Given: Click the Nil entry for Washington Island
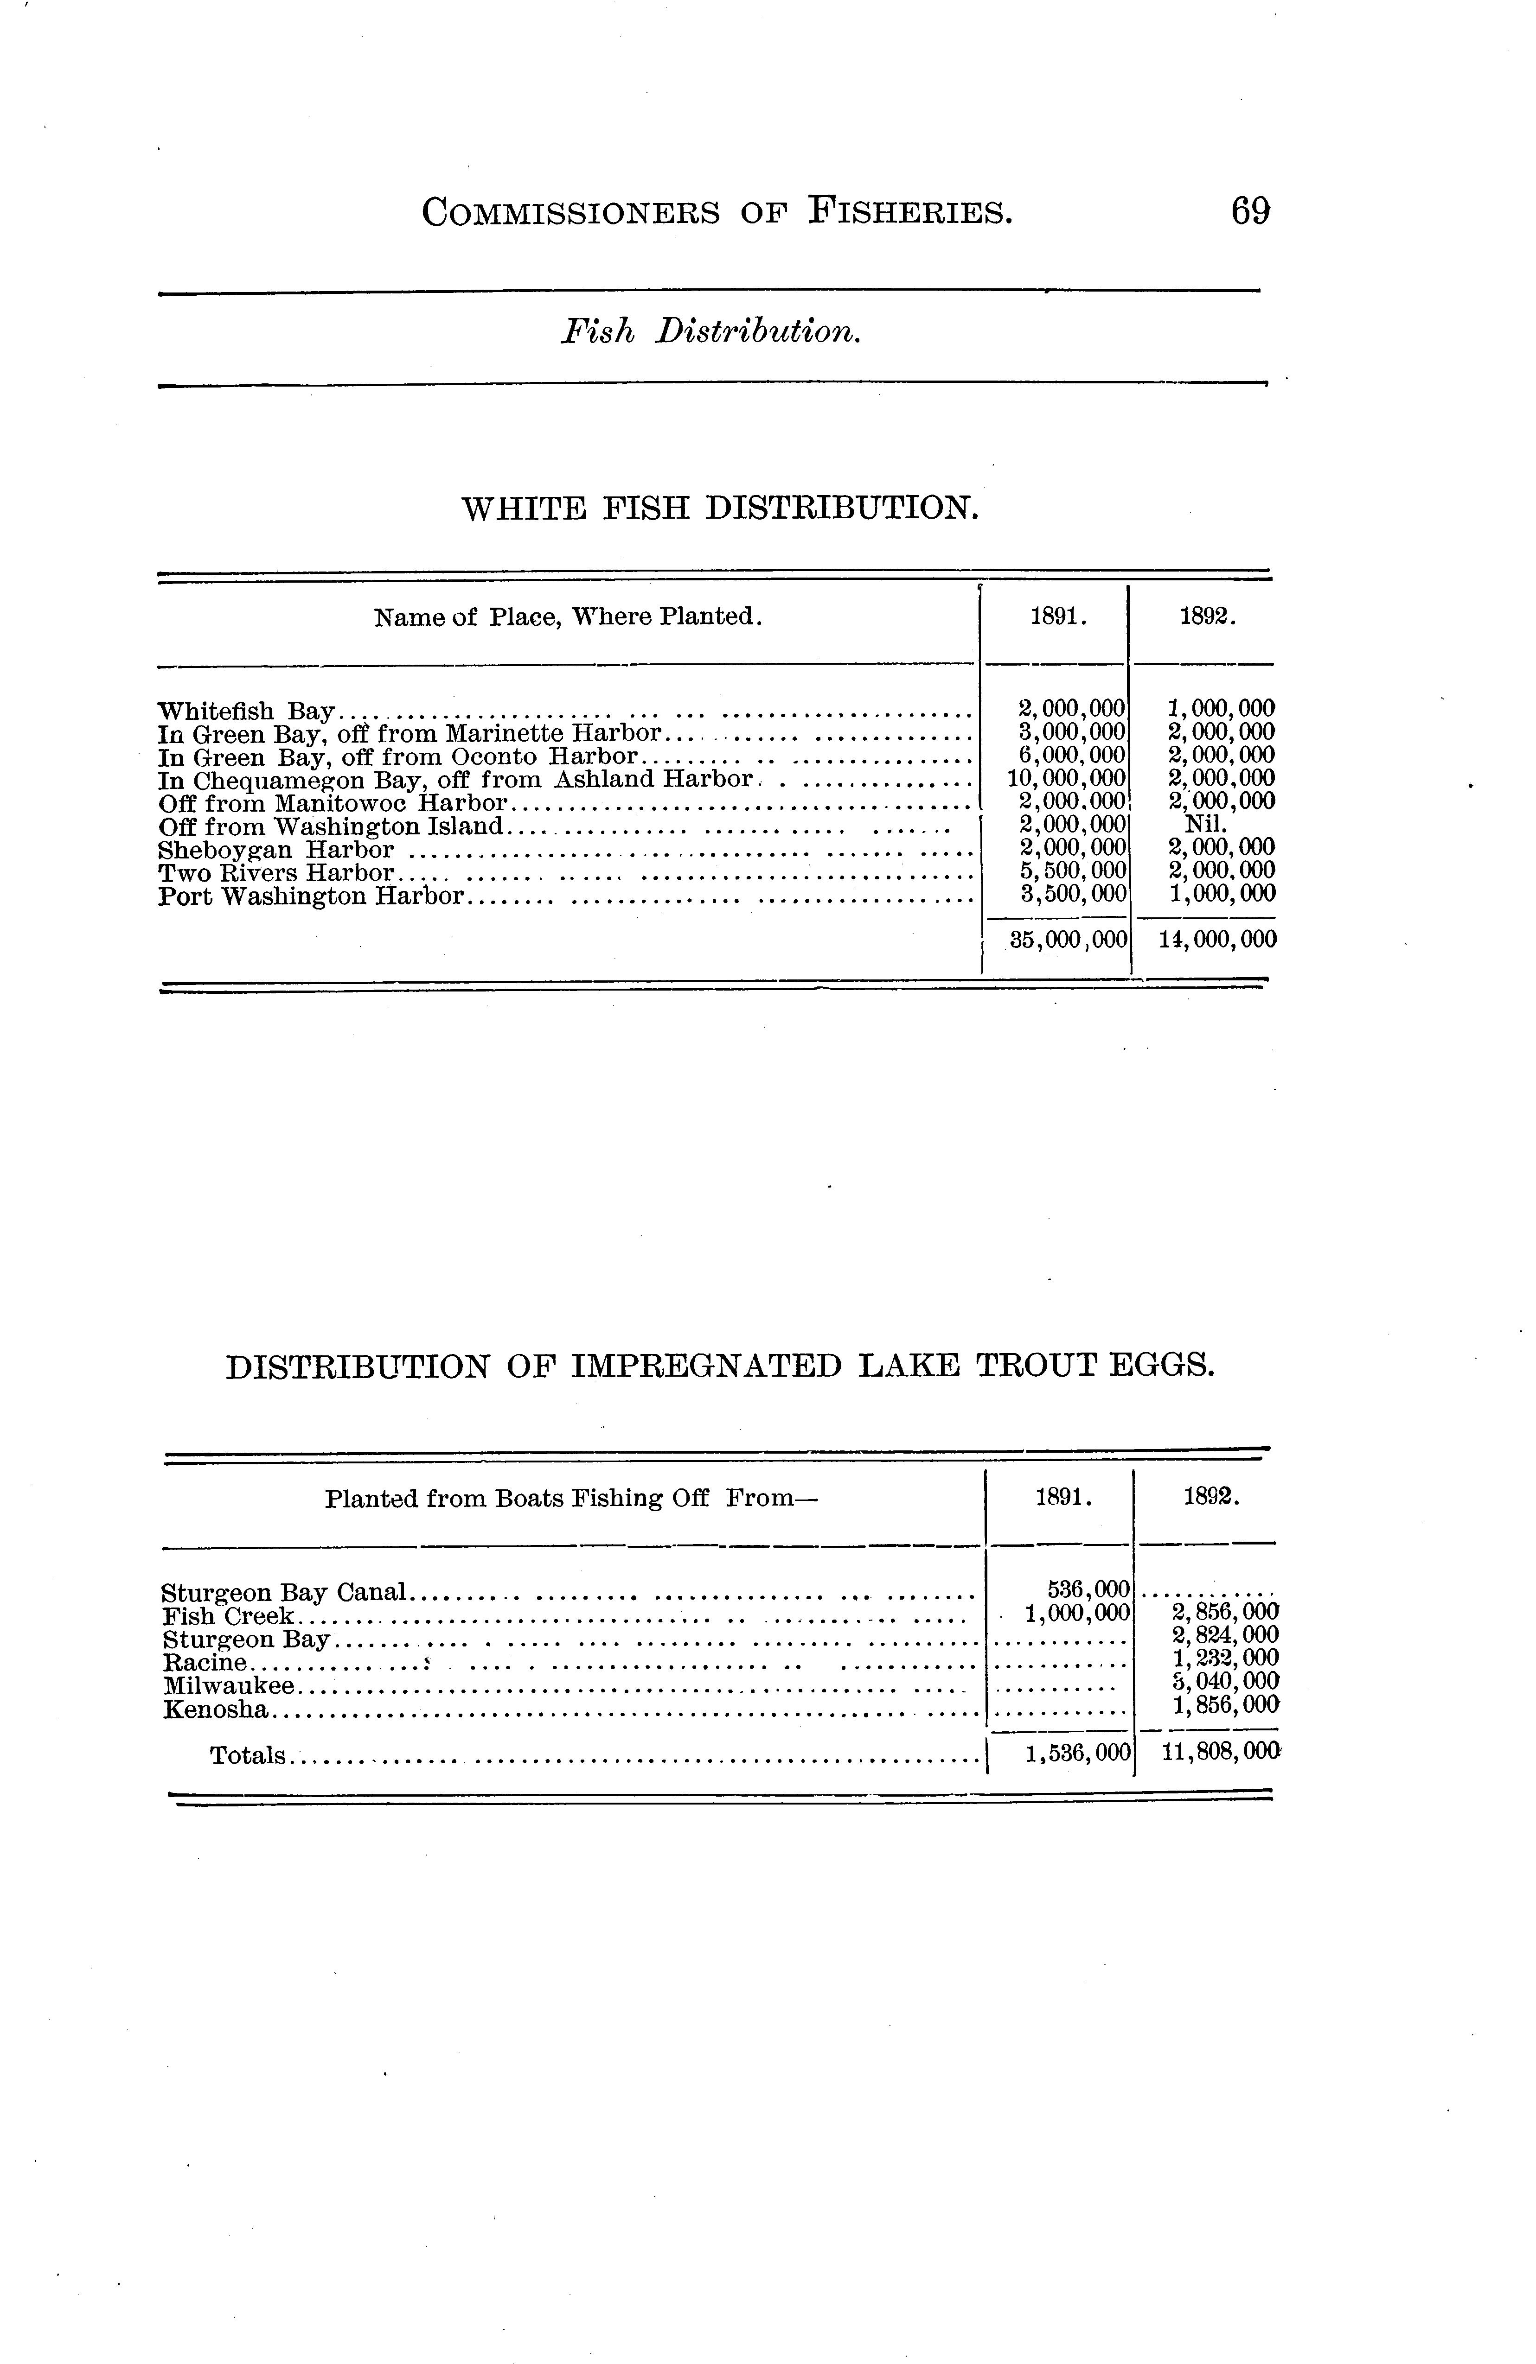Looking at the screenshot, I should pos(1206,825).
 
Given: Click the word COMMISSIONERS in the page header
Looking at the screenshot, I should pos(570,213).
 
